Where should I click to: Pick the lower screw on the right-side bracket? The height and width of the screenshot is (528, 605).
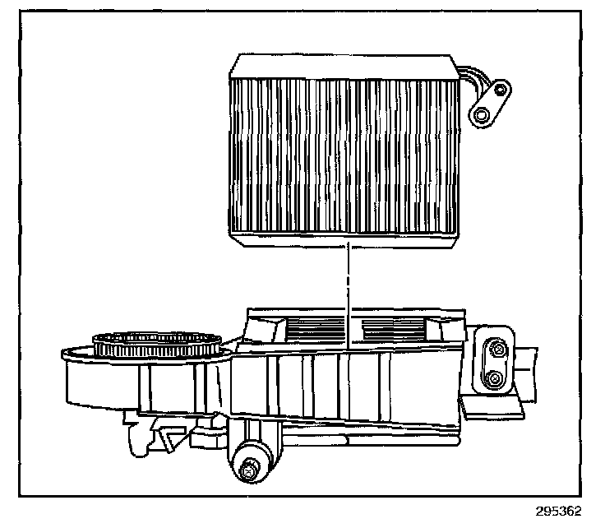click(495, 378)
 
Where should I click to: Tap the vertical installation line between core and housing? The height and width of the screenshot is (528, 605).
click(349, 288)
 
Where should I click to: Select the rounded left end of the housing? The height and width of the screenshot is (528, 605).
click(82, 378)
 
